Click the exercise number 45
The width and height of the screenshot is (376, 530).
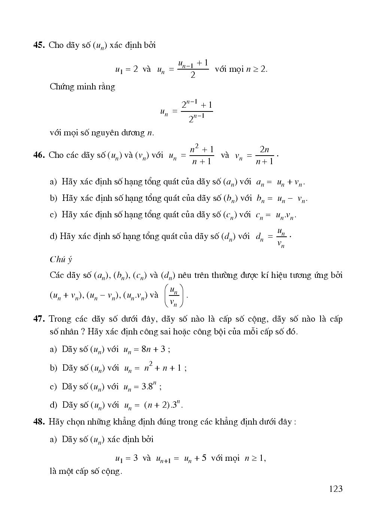tap(39, 45)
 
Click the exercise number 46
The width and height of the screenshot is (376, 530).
tap(39, 155)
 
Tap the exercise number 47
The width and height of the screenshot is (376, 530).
tap(39, 319)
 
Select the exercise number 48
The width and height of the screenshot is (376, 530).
tap(39, 422)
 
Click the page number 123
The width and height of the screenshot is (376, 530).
tap(336, 488)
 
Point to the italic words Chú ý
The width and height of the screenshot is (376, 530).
tap(61, 259)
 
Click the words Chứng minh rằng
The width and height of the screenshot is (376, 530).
tap(82, 87)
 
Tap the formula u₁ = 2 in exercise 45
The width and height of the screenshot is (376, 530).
tap(126, 69)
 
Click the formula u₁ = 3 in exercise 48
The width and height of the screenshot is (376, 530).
tap(126, 458)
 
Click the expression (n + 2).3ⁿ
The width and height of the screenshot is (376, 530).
tap(163, 405)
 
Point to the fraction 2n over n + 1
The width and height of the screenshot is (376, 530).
tap(264, 155)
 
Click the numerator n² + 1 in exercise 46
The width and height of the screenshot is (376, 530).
tap(201, 150)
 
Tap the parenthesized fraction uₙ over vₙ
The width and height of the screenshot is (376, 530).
tap(174, 295)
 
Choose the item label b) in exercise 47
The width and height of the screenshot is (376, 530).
tap(54, 368)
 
